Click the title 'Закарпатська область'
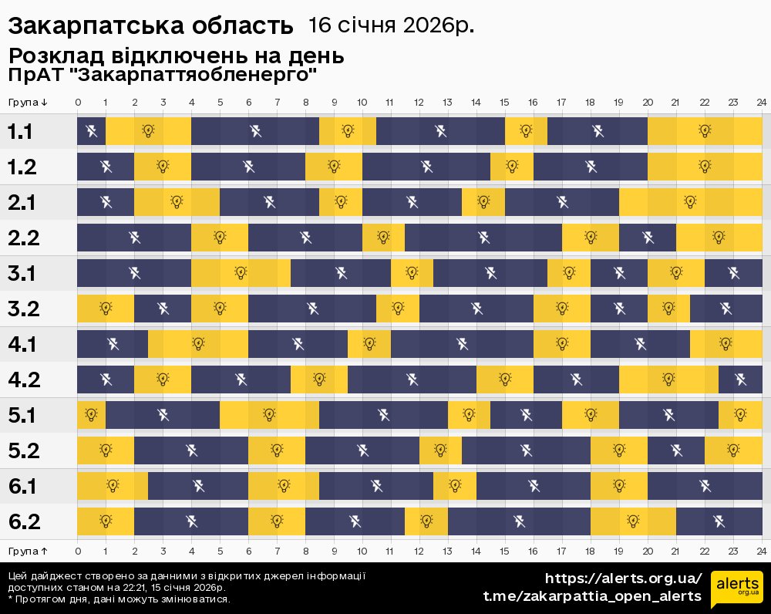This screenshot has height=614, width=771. tap(150, 25)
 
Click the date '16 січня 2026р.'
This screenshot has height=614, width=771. tap(391, 25)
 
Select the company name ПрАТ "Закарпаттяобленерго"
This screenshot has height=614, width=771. tap(163, 75)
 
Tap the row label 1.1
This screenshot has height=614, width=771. tap(20, 131)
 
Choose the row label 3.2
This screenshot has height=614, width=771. tap(24, 309)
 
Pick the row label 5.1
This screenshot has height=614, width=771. tap(23, 415)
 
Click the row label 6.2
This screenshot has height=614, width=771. tap(24, 521)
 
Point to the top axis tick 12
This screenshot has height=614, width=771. tap(419, 102)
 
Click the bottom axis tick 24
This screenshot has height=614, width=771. tap(761, 551)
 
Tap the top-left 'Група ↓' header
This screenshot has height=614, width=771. tap(29, 102)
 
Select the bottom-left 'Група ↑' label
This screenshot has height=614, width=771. tap(29, 551)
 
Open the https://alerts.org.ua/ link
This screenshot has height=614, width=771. tap(624, 579)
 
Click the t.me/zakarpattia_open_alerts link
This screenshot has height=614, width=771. tap(592, 596)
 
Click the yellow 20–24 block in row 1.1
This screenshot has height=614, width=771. tap(705, 131)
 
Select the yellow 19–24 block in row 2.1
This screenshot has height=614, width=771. tap(690, 202)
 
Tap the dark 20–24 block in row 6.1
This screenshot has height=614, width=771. tap(705, 486)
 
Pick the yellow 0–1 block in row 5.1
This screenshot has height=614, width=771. tap(91, 415)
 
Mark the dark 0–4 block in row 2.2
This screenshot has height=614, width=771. tap(134, 238)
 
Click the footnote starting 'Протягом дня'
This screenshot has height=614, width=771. tap(120, 599)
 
